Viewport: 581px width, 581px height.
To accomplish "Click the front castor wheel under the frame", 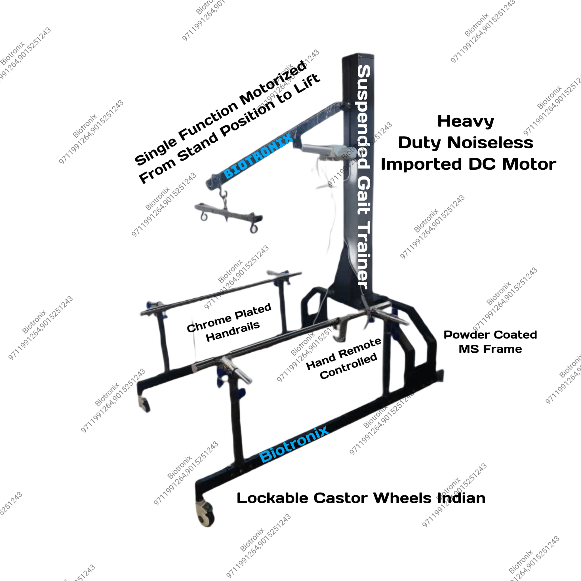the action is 205,514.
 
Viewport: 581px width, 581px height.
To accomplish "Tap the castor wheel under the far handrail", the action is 144,404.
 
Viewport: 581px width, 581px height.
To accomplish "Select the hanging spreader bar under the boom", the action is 229,216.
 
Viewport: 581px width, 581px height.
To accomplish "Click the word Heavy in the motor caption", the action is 466,121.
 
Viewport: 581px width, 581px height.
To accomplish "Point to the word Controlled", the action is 348,366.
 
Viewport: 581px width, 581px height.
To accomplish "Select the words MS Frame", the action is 490,349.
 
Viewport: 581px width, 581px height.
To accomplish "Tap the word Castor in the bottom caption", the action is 340,498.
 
